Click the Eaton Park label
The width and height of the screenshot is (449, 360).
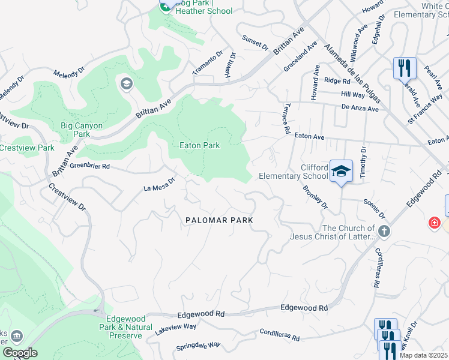[x=199, y=145]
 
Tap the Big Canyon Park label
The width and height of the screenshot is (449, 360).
[x=82, y=130]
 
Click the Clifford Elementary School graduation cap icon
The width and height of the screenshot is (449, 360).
[x=341, y=171]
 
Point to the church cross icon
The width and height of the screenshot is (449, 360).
[x=384, y=230]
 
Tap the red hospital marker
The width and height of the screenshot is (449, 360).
[x=433, y=223]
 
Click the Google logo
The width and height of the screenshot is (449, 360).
[x=20, y=353]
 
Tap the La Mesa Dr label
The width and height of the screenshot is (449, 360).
[x=159, y=185]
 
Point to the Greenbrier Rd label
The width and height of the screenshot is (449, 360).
[x=90, y=166]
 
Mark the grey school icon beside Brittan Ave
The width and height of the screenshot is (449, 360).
[x=126, y=83]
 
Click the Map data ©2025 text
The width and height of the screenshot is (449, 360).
[x=424, y=355]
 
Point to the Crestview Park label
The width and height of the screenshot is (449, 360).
[x=27, y=148]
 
